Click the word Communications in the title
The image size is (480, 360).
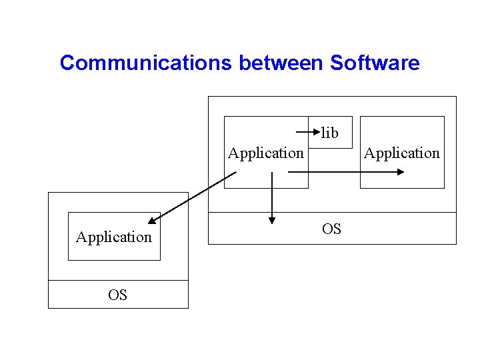(x=146, y=63)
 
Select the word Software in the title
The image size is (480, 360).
(x=375, y=63)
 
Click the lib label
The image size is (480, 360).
(x=330, y=133)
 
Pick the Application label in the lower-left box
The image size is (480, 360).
(x=114, y=237)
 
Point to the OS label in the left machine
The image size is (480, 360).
(x=117, y=295)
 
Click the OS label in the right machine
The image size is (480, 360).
(x=331, y=229)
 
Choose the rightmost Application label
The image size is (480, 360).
(x=402, y=153)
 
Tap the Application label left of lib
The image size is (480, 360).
(x=265, y=153)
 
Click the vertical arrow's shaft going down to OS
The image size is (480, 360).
(x=272, y=193)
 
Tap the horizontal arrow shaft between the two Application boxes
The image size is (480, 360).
(x=333, y=171)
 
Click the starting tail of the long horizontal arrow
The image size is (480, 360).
(x=289, y=171)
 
